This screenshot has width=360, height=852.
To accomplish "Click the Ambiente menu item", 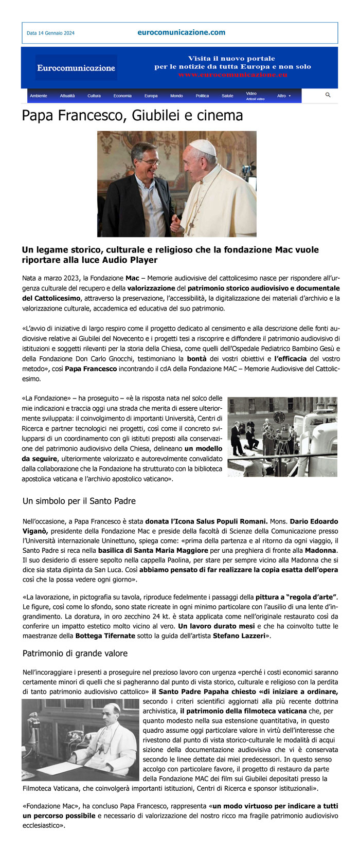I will [38, 96].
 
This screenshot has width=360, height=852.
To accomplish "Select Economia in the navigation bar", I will [122, 96].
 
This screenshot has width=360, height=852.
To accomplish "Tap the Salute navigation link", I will [227, 96].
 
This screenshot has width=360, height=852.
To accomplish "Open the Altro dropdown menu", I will [283, 96].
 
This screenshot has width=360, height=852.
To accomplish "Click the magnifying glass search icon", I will [328, 95].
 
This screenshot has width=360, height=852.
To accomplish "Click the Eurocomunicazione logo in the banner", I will [76, 68].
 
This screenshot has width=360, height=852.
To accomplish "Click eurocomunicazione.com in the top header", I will [181, 32].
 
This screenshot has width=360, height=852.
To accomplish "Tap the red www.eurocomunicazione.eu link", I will [232, 75].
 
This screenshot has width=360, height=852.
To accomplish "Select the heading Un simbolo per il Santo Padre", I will [79, 501].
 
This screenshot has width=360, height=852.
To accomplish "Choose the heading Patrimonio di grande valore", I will [75, 654].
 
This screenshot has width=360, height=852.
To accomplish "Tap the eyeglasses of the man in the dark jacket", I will [149, 162].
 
